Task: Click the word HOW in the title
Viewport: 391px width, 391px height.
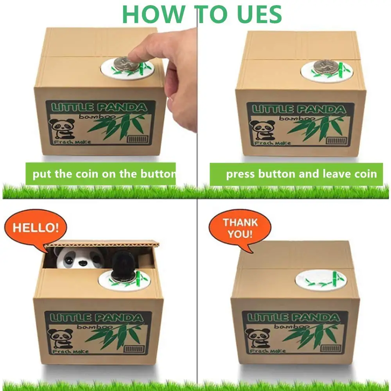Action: pyautogui.click(x=154, y=14)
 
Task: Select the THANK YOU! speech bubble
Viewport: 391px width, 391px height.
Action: pyautogui.click(x=240, y=228)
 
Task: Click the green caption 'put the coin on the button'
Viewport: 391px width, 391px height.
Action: pyautogui.click(x=101, y=174)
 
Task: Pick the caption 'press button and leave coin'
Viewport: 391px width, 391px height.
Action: pyautogui.click(x=296, y=174)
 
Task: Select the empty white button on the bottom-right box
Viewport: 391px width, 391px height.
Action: pyautogui.click(x=321, y=280)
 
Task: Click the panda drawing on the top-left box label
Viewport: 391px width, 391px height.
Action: pyautogui.click(x=62, y=129)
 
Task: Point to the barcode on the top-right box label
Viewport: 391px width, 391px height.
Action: pyautogui.click(x=336, y=141)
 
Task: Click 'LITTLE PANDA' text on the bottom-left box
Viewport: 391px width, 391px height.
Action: pyautogui.click(x=97, y=317)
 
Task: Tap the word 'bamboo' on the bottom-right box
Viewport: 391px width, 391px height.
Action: pyautogui.click(x=292, y=326)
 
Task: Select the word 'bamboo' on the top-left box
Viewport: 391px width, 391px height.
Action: pyautogui.click(x=97, y=117)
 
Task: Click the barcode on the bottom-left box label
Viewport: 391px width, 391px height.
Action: pyautogui.click(x=134, y=349)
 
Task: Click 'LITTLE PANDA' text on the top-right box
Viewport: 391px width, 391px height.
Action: pyautogui.click(x=299, y=109)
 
